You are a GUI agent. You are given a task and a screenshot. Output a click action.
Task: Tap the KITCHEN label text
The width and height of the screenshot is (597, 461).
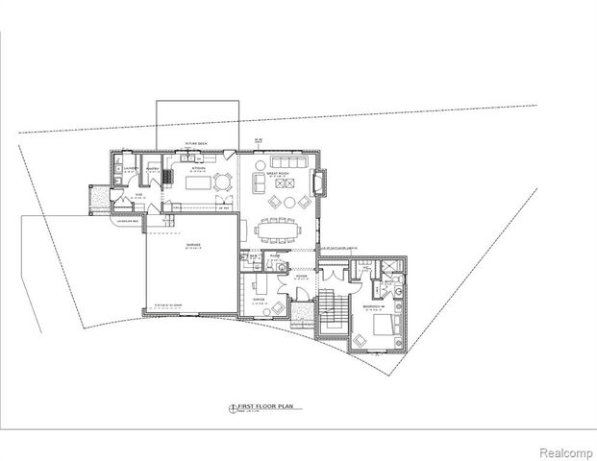pyautogui.click(x=199, y=166)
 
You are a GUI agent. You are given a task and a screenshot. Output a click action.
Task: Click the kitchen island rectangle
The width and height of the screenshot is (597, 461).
pyautogui.click(x=199, y=182)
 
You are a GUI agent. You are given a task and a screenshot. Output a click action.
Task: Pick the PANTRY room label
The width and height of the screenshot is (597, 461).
pyautogui.click(x=151, y=168)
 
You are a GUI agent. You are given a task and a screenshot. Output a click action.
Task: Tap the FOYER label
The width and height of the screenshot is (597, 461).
pyautogui.click(x=300, y=278)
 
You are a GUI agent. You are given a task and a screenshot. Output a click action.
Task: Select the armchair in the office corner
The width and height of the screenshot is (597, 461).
pyautogui.click(x=278, y=308)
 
